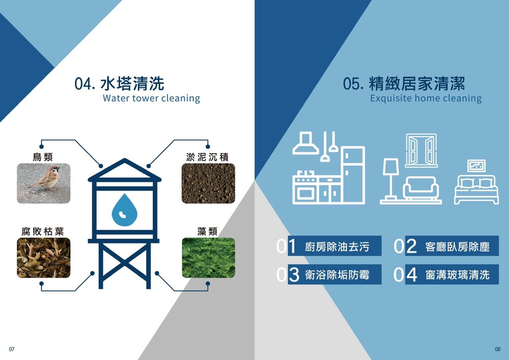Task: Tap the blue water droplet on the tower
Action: tap(124, 210)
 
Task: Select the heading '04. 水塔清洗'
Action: tap(119, 84)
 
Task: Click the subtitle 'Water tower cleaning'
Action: tap(151, 98)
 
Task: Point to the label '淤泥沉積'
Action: tap(207, 157)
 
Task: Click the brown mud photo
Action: tap(208, 183)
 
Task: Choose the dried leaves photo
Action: tap(43, 258)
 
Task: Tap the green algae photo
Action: tap(208, 258)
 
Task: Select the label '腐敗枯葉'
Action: tap(42, 232)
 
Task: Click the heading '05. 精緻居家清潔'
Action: tap(404, 84)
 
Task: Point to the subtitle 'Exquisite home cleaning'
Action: tap(426, 98)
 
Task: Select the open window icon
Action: tap(421, 151)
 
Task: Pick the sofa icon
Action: tap(421, 188)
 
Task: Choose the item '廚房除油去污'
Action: tap(337, 247)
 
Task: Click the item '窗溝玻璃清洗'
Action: tap(457, 275)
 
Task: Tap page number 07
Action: tap(12, 349)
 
